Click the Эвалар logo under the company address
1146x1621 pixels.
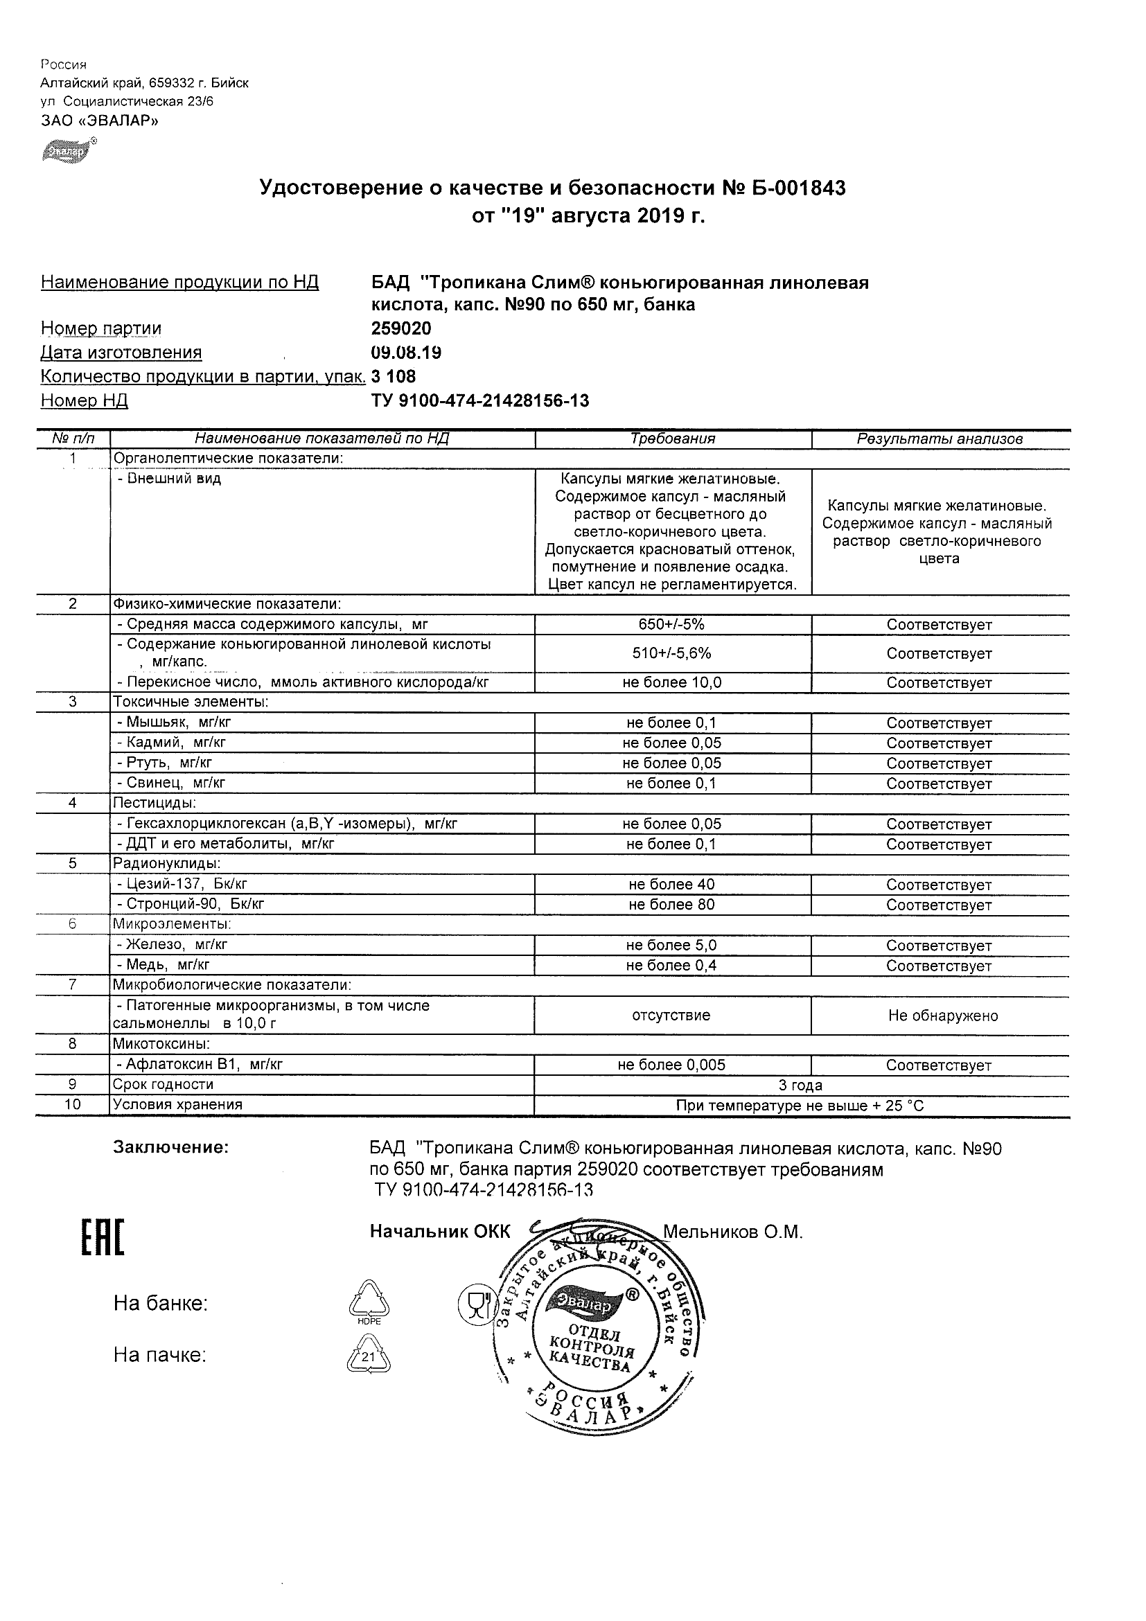click(x=67, y=151)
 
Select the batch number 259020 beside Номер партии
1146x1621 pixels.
click(x=401, y=328)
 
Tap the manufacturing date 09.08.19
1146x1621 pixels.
click(x=406, y=353)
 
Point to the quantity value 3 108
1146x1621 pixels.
click(x=394, y=376)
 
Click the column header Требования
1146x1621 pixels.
click(x=672, y=439)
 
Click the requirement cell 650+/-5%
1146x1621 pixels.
click(x=672, y=624)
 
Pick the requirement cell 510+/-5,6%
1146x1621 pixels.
click(x=672, y=653)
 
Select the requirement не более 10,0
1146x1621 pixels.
click(x=672, y=682)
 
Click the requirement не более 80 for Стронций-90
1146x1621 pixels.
click(x=672, y=905)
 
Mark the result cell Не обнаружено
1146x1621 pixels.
click(x=942, y=1016)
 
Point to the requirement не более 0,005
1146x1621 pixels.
click(x=671, y=1065)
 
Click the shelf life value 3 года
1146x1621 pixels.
click(x=800, y=1085)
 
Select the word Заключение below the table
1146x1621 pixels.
click(x=171, y=1147)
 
